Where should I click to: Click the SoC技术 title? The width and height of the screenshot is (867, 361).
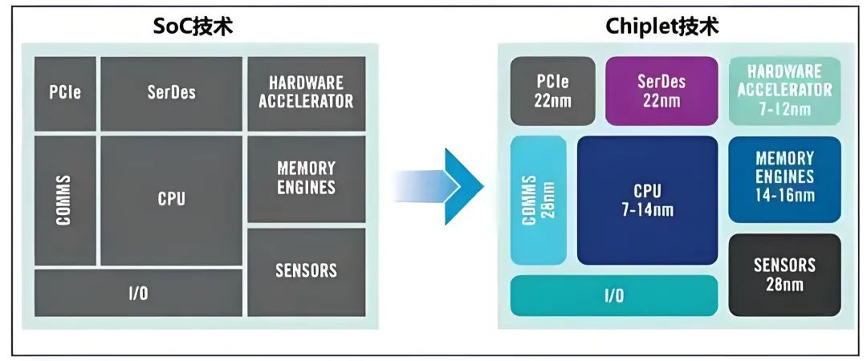tap(193, 26)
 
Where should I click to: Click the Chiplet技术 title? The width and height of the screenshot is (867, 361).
tap(662, 26)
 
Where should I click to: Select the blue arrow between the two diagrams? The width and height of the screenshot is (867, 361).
tap(450, 186)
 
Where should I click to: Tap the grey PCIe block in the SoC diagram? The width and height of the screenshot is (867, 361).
tap(65, 92)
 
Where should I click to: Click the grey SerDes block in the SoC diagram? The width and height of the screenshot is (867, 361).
tap(171, 92)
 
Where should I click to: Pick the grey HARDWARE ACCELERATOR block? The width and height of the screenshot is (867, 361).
tap(306, 93)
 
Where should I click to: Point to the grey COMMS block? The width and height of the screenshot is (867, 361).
tap(65, 200)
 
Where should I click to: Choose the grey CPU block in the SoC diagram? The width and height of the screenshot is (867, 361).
tap(171, 200)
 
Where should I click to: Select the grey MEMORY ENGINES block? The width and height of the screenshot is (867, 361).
tap(306, 178)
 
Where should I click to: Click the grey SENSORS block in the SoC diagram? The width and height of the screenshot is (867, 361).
tap(306, 271)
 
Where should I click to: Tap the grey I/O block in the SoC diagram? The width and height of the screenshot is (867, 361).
tap(138, 293)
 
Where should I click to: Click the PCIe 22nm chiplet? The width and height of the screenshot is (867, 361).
tap(553, 91)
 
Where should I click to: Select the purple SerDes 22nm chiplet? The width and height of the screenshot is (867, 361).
tap(661, 91)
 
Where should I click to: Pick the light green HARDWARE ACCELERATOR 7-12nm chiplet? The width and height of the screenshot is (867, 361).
tap(784, 91)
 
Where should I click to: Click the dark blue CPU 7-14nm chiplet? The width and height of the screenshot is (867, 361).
tap(647, 200)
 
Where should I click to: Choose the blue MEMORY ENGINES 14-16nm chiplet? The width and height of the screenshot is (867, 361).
tap(784, 179)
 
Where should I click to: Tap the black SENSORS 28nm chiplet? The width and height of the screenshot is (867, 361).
tap(784, 274)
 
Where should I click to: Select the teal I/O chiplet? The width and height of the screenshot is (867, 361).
tap(614, 295)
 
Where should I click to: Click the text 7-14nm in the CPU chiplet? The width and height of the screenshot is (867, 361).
tap(647, 211)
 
